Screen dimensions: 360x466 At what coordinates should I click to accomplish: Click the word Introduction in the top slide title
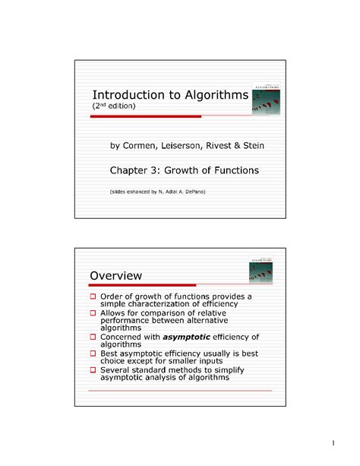[x=125, y=95]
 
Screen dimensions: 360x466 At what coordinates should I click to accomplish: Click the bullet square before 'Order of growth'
[x=93, y=296]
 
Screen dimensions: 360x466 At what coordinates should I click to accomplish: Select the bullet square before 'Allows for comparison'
[x=93, y=312]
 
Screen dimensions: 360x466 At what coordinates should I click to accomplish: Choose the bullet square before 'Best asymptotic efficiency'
[x=93, y=353]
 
